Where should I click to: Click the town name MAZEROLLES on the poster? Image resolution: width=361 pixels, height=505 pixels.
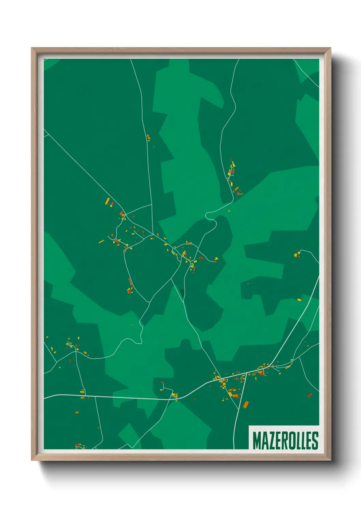coord(285,441)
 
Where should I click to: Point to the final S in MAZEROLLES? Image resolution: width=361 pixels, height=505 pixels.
coord(315,441)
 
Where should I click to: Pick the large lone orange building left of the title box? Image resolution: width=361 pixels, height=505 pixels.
coord(246,405)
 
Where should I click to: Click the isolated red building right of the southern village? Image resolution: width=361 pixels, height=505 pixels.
coord(310,395)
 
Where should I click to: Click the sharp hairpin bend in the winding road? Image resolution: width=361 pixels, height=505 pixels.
coord(207,215)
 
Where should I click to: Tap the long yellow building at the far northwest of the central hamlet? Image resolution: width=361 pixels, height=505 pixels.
coord(107,201)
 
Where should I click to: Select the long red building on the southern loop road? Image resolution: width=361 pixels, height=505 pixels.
coord(130,281)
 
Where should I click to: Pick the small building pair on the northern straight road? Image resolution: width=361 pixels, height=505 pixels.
coord(148,138)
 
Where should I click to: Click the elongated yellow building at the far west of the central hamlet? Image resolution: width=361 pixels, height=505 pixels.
coord(101,242)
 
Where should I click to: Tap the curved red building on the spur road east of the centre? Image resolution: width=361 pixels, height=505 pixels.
coord(201,258)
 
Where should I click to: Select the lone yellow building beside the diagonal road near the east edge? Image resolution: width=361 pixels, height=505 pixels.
coord(299,300)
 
